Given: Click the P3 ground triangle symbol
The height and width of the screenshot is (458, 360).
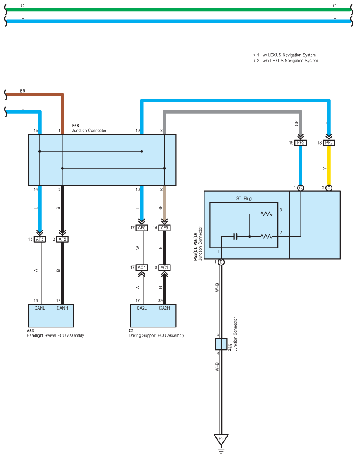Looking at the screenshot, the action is point(221,439).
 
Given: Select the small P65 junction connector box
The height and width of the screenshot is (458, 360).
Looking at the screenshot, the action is point(221,344).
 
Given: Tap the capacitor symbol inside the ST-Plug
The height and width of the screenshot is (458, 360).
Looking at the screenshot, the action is point(235,236).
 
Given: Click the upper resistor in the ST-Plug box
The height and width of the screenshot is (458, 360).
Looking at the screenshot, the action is point(267,214).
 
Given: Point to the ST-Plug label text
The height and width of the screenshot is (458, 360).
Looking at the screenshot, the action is point(244,198).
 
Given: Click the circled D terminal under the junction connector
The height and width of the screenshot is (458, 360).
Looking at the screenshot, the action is point(221,262).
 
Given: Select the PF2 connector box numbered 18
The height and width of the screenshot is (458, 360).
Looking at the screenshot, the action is point(329,143).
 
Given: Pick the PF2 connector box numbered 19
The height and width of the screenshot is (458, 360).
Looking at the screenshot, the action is point(301,143).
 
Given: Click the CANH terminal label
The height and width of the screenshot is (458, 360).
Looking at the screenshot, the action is point(62,308).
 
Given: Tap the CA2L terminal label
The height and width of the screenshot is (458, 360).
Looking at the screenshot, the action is point(142,308).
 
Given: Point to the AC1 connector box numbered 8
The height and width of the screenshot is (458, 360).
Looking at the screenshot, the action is point(164,268).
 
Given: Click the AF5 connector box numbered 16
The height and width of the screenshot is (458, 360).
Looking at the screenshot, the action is point(164,228).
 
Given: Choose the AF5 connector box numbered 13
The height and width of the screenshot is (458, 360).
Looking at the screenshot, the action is point(39,239).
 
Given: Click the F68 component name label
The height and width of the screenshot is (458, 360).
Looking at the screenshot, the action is point(76,126).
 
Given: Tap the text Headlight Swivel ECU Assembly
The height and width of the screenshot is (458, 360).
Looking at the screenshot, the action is point(55,336).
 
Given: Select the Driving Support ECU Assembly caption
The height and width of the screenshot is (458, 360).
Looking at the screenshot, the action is point(156,336).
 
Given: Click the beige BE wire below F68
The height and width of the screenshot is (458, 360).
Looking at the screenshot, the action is point(164,203).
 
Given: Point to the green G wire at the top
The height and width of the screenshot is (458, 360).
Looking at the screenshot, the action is point(179,10).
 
